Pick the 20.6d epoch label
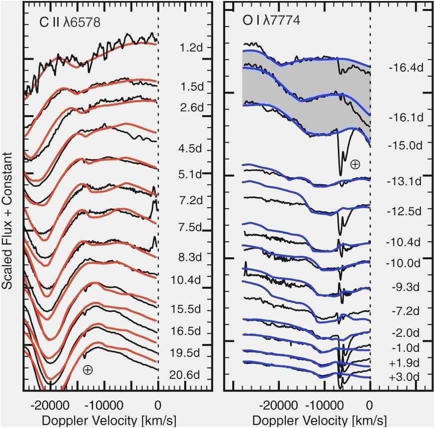pyautogui.click(x=190, y=374)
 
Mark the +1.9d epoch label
pyautogui.click(x=403, y=362)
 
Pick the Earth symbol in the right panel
pyautogui.click(x=355, y=164)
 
